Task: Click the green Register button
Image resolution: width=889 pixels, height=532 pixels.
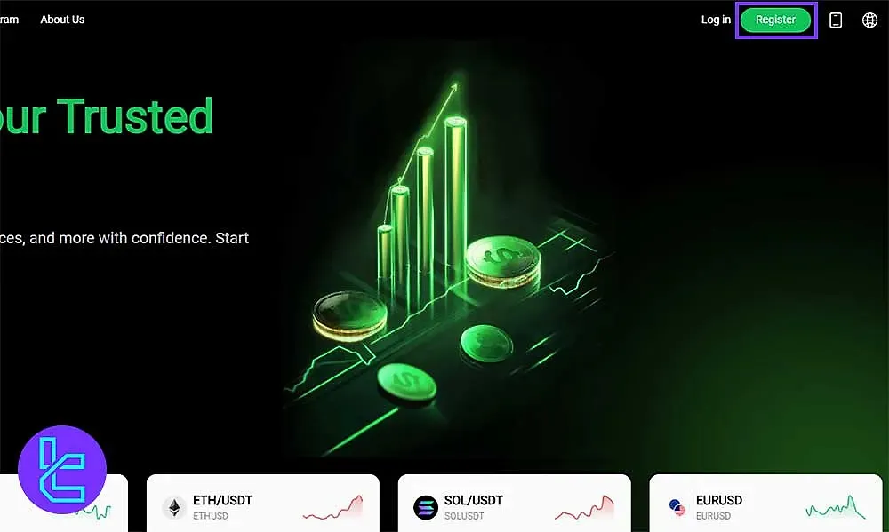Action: point(775,20)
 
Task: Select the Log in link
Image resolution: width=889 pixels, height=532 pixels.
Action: point(716,20)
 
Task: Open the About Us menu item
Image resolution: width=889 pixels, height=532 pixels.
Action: point(62,20)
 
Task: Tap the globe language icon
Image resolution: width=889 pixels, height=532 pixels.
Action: point(869,20)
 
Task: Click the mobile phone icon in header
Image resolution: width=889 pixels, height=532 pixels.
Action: point(836,20)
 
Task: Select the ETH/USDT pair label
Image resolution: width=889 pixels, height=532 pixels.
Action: point(222,501)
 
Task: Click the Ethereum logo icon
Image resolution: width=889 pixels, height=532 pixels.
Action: point(173,508)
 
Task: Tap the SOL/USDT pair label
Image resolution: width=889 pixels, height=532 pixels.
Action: point(474,501)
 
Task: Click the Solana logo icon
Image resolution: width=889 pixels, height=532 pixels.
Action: point(426,508)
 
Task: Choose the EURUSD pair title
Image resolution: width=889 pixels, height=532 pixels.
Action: point(718,501)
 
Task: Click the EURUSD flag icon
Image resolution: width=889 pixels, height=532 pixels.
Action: point(677,508)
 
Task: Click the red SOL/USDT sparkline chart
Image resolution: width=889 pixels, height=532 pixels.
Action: point(584,508)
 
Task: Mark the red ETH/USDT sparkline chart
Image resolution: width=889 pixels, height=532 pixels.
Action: point(333,508)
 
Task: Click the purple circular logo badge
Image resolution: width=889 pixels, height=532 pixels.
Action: point(62,469)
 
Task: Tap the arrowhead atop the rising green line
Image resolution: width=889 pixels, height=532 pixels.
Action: point(454,87)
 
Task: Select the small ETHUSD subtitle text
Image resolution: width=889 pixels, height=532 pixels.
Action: point(210,516)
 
